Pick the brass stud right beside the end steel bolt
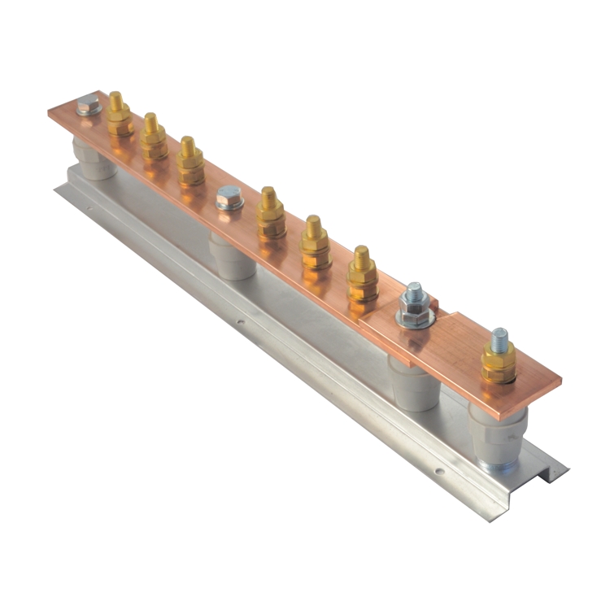click(x=119, y=116)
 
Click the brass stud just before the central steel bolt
click(x=190, y=159)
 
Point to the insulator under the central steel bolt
click(x=233, y=257)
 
